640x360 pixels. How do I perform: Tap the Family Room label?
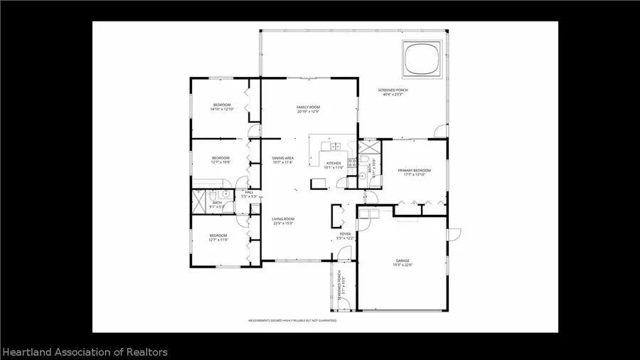pos(308,107)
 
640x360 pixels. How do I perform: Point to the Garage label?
pos(402,261)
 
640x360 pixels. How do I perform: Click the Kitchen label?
pos(334,163)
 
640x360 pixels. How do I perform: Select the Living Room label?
pos(283,218)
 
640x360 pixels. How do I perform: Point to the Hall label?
pos(249,192)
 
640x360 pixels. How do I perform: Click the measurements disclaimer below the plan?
pos(292,321)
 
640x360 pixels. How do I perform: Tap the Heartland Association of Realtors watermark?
pos(85,352)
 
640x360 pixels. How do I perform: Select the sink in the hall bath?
pos(225,193)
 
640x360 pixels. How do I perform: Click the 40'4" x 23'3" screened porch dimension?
pos(393,95)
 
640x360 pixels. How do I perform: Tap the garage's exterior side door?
pos(454,233)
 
